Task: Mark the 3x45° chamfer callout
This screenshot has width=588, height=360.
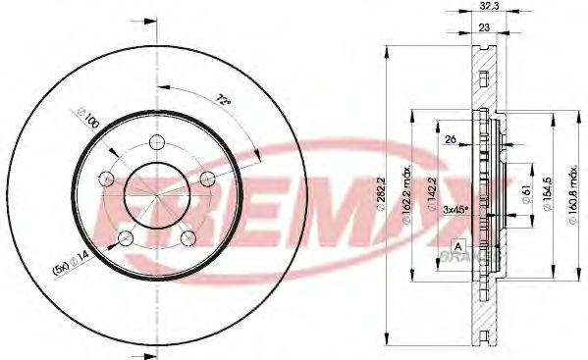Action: click(454, 209)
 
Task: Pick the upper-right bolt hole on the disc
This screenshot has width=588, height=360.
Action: click(207, 178)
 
